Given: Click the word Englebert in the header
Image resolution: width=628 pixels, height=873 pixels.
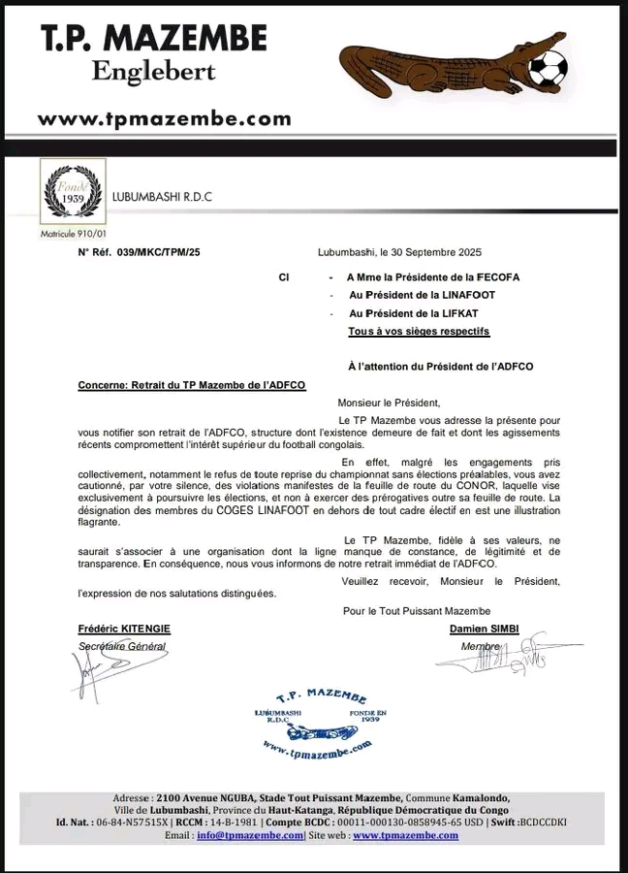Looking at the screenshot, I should point(153,72).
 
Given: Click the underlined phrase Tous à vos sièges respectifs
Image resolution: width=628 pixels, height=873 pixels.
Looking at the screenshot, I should point(419,332).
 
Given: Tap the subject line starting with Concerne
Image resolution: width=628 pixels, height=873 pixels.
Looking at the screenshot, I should point(191,385).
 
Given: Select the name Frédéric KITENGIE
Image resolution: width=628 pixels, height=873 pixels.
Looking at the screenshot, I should point(124,629).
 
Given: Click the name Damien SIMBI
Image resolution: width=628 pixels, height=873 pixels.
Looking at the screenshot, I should point(484,629).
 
